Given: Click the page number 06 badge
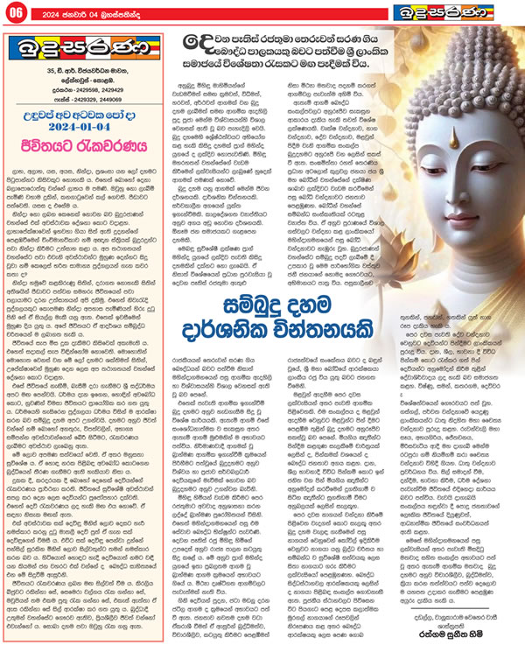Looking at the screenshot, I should point(17,11).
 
